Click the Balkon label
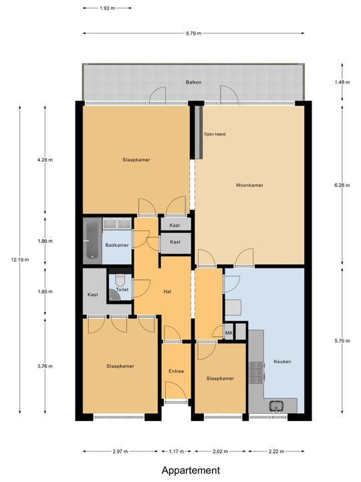(x=194, y=82)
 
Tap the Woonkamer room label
(x=249, y=185)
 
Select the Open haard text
(x=215, y=134)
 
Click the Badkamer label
(x=116, y=245)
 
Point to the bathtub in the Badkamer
(x=90, y=240)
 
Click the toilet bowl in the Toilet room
(x=120, y=280)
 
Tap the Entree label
(x=176, y=371)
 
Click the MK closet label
(x=228, y=333)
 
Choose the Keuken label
(x=282, y=361)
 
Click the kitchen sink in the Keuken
(x=276, y=405)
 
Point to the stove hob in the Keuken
(x=257, y=373)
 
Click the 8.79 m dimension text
(x=194, y=33)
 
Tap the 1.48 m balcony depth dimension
(x=342, y=82)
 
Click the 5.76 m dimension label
(x=342, y=341)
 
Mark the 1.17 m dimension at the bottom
(x=176, y=452)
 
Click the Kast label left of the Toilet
(x=94, y=295)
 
